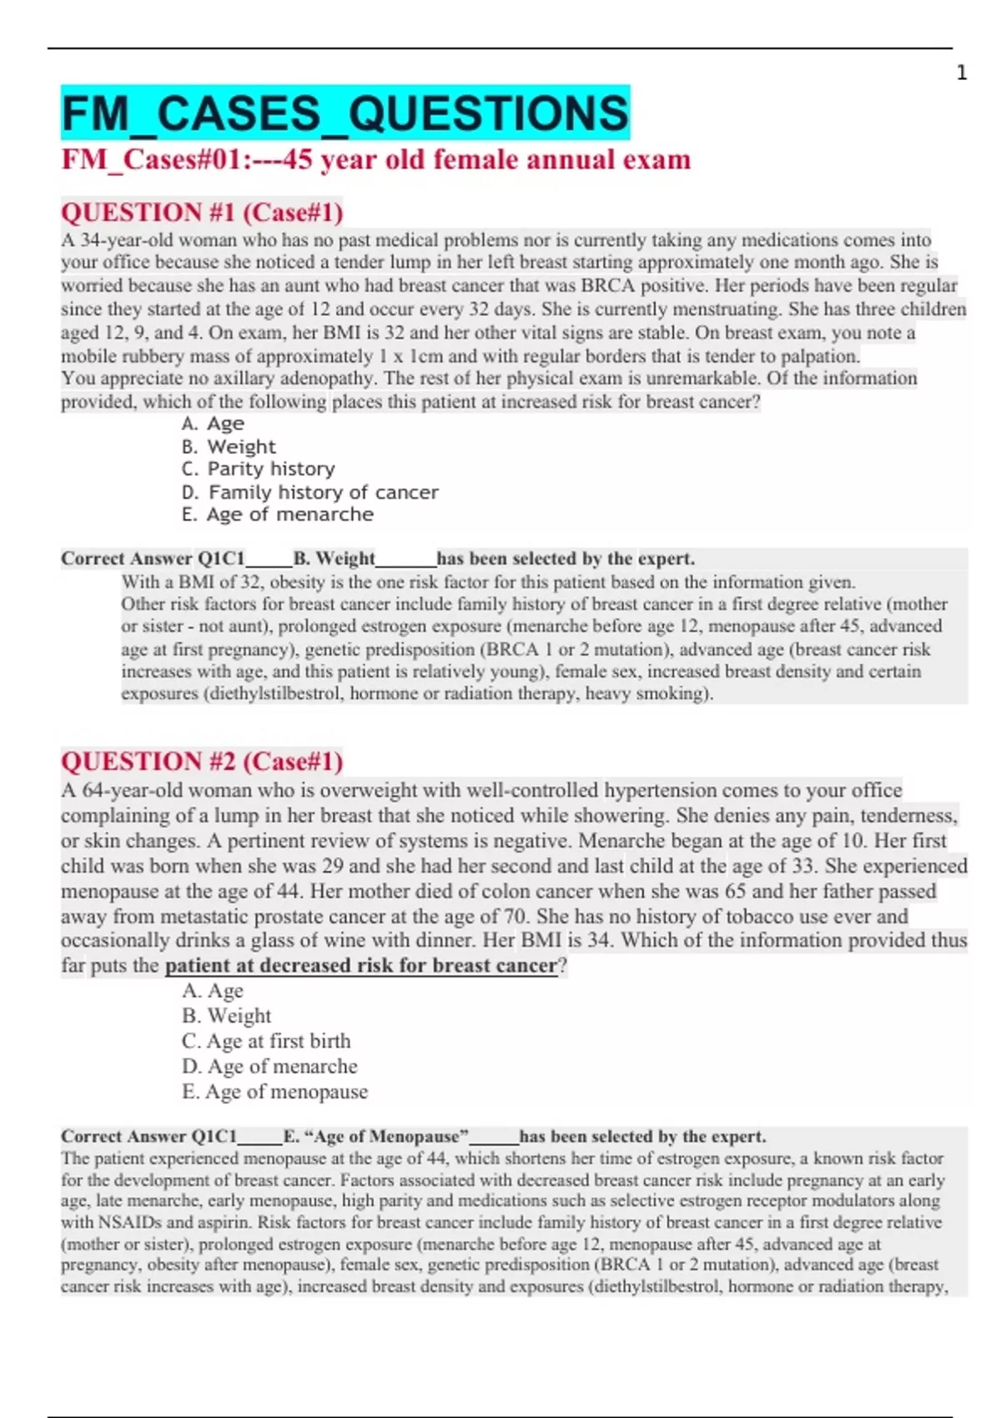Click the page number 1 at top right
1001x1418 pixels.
coord(961,73)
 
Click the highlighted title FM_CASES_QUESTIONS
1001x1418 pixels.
coord(345,113)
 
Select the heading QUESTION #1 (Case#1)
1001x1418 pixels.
coord(202,213)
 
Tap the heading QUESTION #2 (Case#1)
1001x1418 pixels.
coord(202,761)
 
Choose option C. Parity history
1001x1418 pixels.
coord(259,469)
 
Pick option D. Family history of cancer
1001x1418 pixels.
coord(309,492)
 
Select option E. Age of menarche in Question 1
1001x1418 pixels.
coord(277,515)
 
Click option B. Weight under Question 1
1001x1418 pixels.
coord(229,447)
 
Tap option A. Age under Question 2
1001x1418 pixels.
coord(213,991)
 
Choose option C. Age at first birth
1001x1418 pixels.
coord(266,1041)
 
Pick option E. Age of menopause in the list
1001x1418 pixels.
coord(274,1092)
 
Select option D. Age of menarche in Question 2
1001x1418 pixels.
coord(269,1067)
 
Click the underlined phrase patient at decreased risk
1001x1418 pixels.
coord(360,966)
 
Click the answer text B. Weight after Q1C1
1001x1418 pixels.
coord(334,559)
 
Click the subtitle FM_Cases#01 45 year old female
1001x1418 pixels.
coord(375,159)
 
